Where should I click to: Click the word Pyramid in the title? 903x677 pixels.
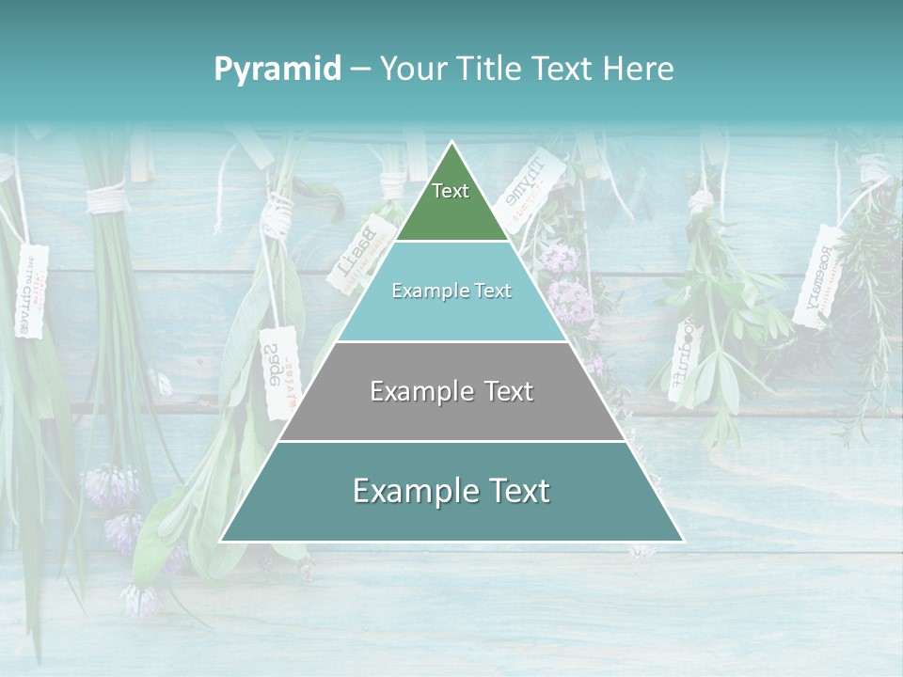click(x=277, y=69)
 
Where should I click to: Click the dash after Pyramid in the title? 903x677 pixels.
click(x=360, y=70)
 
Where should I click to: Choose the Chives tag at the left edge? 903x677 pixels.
click(x=30, y=291)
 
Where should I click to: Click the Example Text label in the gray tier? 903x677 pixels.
click(x=451, y=391)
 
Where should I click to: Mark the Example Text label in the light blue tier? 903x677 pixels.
click(x=451, y=291)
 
